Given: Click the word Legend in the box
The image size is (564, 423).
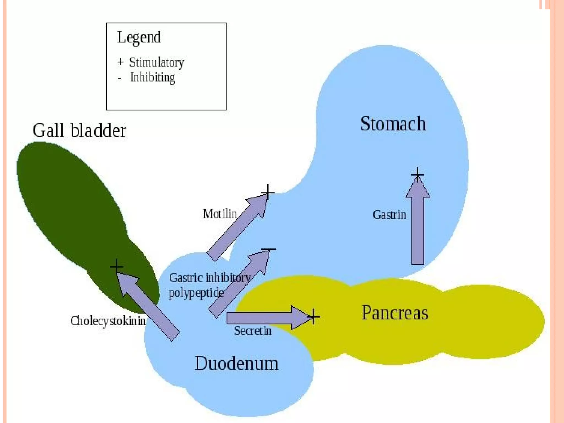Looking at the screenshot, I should tap(139, 37).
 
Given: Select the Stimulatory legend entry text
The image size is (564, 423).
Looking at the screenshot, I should tap(156, 63).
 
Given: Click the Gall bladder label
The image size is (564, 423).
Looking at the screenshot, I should tap(79, 130).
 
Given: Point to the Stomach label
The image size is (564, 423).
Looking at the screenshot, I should tap(393, 124).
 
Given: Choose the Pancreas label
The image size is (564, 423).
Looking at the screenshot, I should tap(395, 313).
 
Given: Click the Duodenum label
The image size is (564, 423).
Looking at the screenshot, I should tap(237, 363).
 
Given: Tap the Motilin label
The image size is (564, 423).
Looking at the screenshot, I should tap(220, 214).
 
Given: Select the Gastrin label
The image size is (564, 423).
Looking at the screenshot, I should tap(389, 215).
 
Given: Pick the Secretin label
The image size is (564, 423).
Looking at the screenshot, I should tap(253, 331).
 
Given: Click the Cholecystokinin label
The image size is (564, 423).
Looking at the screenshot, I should tap(108, 321).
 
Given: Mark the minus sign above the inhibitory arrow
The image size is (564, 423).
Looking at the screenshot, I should tap(268, 249).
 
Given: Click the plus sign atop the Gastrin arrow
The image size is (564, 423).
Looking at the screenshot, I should tap(417, 174).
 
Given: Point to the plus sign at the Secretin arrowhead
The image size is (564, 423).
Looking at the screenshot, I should tap(313, 317).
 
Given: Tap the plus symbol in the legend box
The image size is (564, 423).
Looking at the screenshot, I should tap(120, 62).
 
